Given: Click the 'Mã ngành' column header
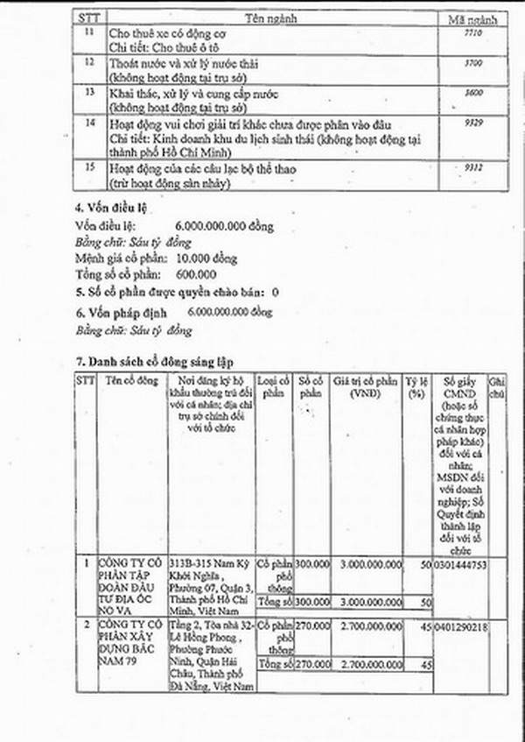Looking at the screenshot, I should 472,18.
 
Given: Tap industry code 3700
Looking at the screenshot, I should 472,64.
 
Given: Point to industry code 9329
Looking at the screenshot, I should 472,124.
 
